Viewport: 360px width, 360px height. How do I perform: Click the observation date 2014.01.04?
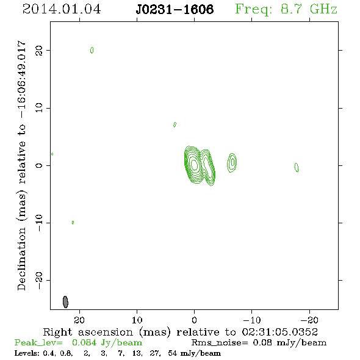point(62,9)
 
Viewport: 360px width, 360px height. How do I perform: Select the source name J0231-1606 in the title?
point(175,9)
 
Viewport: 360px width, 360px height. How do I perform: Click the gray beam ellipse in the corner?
point(65,302)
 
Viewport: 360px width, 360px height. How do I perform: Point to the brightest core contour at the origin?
point(195,165)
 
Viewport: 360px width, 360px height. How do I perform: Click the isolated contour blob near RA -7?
point(232,162)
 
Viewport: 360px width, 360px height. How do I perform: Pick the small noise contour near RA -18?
point(297,167)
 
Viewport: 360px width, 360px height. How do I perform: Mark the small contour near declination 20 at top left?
point(92,50)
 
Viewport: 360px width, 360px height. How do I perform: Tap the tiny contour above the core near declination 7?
point(175,124)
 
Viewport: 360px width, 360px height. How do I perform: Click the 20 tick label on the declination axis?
point(39,51)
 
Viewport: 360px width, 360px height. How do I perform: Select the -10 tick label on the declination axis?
point(39,223)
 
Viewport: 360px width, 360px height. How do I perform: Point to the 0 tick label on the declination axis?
point(39,165)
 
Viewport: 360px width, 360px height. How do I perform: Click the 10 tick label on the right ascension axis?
point(137,320)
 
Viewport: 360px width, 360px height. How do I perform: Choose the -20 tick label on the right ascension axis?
point(309,320)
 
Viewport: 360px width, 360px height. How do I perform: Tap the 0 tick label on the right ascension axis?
point(194,320)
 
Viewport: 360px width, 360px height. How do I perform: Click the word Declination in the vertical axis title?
point(21,259)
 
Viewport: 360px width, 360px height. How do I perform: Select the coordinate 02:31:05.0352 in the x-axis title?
point(279,332)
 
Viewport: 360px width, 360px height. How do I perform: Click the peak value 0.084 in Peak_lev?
point(84,342)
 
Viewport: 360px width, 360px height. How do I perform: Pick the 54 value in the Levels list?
point(172,353)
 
